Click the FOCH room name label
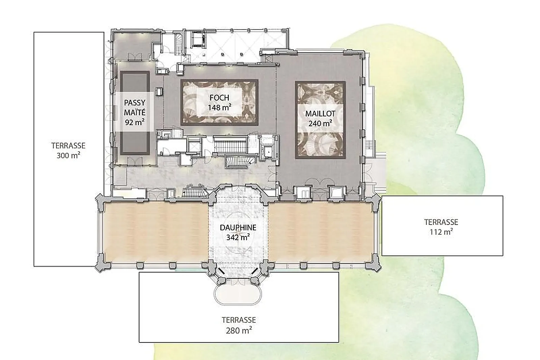(219, 98)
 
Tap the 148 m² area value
(220, 107)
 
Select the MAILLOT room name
(320, 114)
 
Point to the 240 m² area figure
(320, 123)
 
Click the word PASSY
(135, 103)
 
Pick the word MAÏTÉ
(135, 112)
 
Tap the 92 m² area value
(135, 122)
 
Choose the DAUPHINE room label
(238, 228)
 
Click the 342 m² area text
(238, 237)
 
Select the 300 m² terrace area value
(69, 155)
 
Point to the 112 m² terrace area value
(441, 232)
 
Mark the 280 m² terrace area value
(239, 330)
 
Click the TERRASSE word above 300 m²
(69, 146)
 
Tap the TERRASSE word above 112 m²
(441, 222)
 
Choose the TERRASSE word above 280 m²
(239, 320)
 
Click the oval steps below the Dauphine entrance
(238, 295)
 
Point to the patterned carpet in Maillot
(320, 120)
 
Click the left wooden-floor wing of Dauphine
(156, 232)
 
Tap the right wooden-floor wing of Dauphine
(320, 232)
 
